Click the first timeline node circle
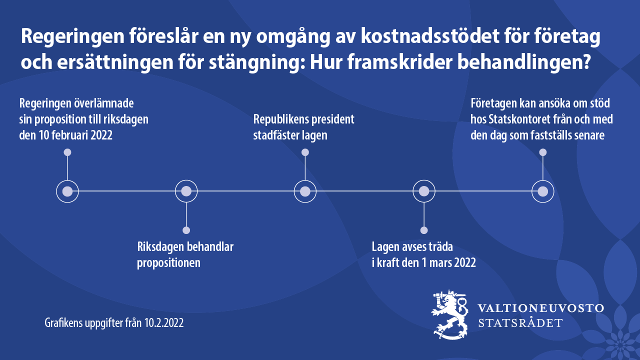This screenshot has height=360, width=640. point(67,191)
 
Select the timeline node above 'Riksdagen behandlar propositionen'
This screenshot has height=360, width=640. point(186,191)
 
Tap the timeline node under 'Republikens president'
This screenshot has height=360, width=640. point(305,191)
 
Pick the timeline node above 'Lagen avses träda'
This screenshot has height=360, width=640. point(424,191)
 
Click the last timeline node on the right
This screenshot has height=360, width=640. point(543,191)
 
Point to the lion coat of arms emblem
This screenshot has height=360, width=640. point(449,314)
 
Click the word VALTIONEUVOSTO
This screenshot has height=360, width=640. point(540,308)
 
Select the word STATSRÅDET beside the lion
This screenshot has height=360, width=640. point(520,323)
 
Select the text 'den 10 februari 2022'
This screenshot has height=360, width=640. point(65,135)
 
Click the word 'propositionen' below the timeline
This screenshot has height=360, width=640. point(168,262)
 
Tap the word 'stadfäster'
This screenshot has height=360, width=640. point(276,135)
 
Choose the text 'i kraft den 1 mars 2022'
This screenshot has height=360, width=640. point(423,262)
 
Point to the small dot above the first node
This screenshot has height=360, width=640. point(67,152)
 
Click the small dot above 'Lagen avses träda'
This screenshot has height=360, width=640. point(424,230)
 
